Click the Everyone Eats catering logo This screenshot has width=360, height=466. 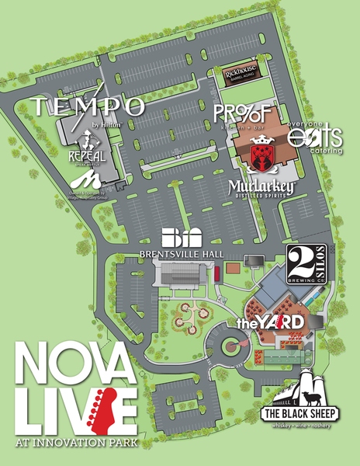(x=314, y=136)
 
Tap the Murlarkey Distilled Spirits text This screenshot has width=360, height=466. (x=260, y=188)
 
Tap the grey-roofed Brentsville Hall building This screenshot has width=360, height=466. (x=181, y=275)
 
